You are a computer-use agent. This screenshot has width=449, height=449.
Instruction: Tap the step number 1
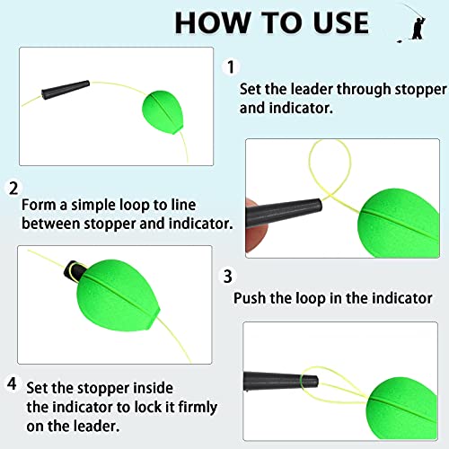231,67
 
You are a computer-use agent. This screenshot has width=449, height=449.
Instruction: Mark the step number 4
13,383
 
